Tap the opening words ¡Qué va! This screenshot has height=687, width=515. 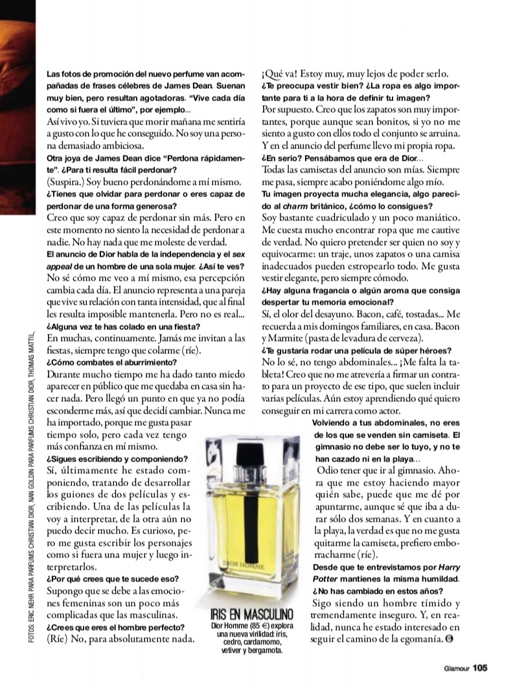pos(282,74)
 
